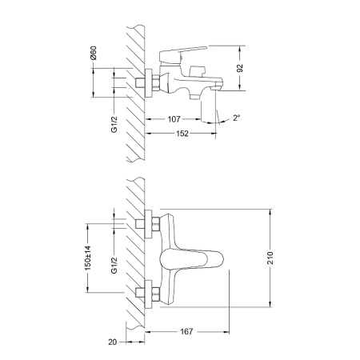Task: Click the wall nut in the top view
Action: (x=147, y=82)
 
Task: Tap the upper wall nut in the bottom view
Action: (x=147, y=225)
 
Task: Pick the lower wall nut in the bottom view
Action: (x=147, y=294)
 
